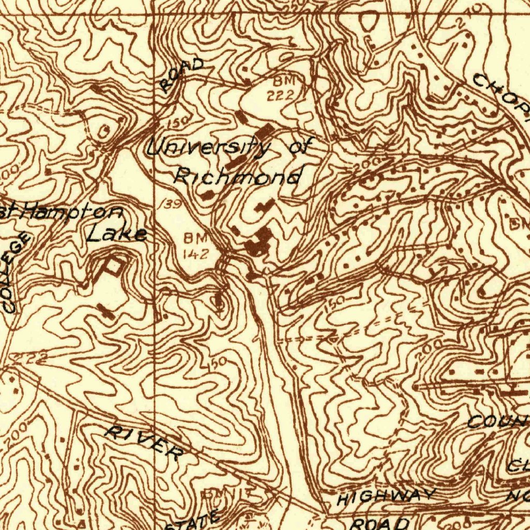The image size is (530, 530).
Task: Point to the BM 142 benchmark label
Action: coord(195,246)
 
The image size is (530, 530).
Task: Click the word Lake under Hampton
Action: coord(116,233)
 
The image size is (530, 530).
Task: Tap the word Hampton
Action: coord(72,212)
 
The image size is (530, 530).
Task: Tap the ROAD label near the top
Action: coord(181,75)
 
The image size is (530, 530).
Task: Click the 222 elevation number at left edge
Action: coord(31,357)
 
